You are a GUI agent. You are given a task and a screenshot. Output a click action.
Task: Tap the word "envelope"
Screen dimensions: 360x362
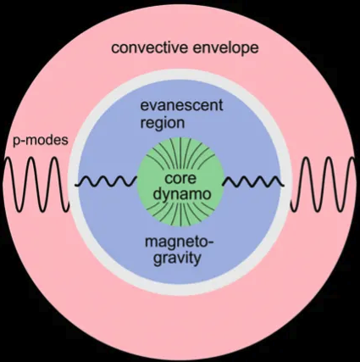click(x=225, y=48)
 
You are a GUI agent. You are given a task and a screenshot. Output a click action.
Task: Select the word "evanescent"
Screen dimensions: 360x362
click(x=181, y=105)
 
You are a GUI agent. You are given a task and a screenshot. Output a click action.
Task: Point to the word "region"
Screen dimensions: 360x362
click(x=163, y=124)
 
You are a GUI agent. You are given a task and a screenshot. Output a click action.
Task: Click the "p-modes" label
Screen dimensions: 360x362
click(x=41, y=141)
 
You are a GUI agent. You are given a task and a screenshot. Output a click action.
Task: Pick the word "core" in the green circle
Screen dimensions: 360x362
click(x=180, y=179)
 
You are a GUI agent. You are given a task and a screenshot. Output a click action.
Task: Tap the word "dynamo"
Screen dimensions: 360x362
click(x=180, y=194)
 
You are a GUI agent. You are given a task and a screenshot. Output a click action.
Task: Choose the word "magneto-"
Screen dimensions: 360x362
click(x=180, y=242)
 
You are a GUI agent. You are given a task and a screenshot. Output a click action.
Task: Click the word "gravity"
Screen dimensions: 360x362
click(x=177, y=259)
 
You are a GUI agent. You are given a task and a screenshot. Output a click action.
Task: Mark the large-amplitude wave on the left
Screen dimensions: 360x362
click(x=36, y=185)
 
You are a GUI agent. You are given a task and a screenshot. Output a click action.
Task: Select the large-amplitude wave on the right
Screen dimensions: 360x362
click(x=323, y=185)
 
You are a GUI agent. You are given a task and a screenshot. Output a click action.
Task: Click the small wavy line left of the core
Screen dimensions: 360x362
click(x=106, y=181)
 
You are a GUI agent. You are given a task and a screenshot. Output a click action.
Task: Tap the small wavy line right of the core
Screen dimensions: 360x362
click(x=253, y=181)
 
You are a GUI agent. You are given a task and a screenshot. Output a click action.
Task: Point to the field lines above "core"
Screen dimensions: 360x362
click(x=180, y=156)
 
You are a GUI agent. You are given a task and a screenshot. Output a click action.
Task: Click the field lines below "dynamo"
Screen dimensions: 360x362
click(x=180, y=214)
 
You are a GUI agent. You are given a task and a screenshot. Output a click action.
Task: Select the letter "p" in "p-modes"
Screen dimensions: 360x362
click(x=17, y=142)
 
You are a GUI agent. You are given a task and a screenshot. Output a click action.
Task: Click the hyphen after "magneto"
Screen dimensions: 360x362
click(x=212, y=243)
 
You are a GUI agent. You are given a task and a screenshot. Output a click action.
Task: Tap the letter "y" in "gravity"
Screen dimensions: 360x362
click(x=197, y=260)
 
